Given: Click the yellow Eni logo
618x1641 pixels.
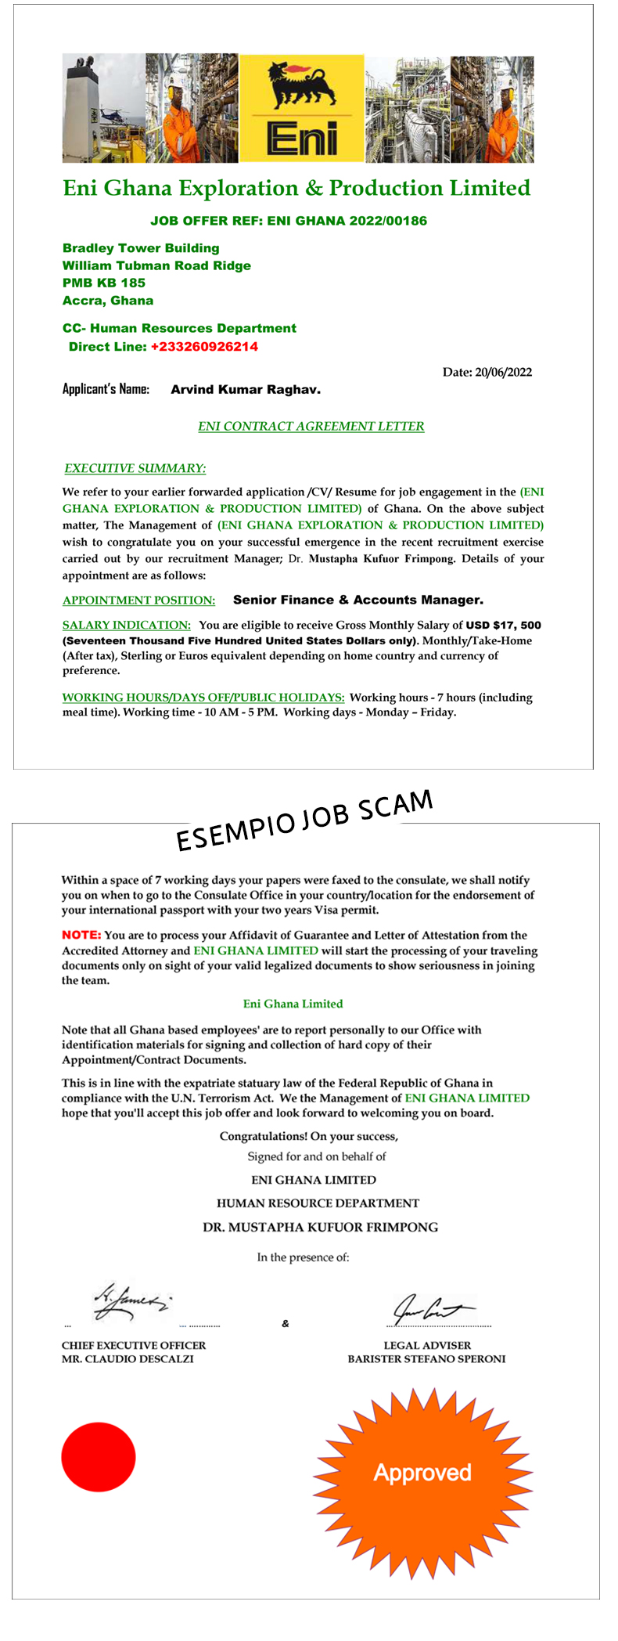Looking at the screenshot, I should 301,108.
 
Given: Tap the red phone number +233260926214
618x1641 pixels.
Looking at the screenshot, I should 204,347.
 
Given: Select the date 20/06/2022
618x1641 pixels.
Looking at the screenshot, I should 503,372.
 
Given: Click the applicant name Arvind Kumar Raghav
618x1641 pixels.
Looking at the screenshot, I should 246,390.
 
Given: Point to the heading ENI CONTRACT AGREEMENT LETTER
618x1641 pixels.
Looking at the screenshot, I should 311,427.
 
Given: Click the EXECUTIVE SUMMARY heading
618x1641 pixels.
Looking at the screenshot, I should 135,468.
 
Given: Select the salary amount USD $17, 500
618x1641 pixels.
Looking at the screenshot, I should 503,625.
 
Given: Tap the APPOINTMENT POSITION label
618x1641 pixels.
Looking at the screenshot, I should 138,600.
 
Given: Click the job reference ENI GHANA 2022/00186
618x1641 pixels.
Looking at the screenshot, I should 347,221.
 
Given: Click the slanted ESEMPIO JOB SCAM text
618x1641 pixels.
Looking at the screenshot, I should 304,820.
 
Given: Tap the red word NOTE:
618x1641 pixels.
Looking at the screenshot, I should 81,935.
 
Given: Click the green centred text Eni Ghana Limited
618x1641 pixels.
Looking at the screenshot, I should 293,1004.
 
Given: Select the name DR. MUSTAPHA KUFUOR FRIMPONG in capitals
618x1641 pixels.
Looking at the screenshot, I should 320,1227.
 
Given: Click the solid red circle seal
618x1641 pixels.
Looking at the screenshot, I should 99,1457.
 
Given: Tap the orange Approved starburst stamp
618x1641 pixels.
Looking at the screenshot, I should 422,1472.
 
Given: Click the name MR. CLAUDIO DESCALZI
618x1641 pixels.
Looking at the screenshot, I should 128,1359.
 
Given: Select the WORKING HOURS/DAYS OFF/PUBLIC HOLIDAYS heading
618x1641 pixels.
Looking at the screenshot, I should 203,697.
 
